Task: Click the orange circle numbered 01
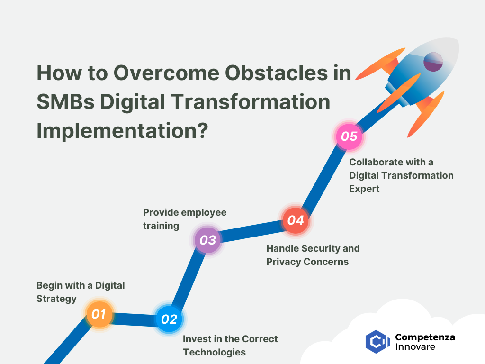pos(99,314)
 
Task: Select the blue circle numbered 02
pos(169,319)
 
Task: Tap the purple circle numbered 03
pos(207,240)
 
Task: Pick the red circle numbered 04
pos(296,220)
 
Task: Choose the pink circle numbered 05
pos(349,136)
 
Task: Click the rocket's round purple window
pos(433,62)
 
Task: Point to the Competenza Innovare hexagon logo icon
pos(377,342)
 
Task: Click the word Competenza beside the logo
pos(425,337)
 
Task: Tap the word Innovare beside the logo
pos(415,347)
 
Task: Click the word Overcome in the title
pos(166,73)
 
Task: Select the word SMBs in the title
pos(65,102)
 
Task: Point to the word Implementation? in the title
pos(123,131)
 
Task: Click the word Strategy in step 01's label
pos(56,299)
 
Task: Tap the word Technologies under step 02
pos(215,352)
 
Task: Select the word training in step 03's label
pos(161,226)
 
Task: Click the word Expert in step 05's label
pos(364,189)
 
